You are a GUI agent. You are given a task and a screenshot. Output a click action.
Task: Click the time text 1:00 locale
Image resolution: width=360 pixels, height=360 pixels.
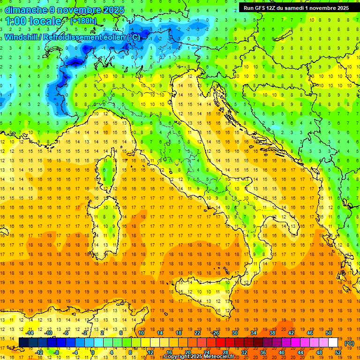pyautogui.click(x=33, y=21)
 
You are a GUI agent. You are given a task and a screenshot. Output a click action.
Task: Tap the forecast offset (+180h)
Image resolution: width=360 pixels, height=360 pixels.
pyautogui.click(x=83, y=21)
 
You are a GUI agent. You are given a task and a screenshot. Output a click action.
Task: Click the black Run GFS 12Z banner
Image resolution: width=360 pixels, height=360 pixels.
pyautogui.click(x=297, y=8)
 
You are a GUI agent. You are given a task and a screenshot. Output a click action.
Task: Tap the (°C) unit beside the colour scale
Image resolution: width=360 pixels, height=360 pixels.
pyautogui.click(x=349, y=343)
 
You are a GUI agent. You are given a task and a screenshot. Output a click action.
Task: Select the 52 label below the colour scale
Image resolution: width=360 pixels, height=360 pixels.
pyautogui.click(x=338, y=352)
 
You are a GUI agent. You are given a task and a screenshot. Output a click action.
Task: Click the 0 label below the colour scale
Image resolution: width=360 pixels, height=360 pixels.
pyautogui.click(x=92, y=352)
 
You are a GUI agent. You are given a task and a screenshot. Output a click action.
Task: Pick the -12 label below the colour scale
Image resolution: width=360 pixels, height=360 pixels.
pyautogui.click(x=39, y=352)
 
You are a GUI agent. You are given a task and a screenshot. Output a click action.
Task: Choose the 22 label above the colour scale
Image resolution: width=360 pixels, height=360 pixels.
pyautogui.click(x=198, y=333)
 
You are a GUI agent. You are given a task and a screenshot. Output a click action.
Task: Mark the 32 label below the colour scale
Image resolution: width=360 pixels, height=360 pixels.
pyautogui.click(x=244, y=352)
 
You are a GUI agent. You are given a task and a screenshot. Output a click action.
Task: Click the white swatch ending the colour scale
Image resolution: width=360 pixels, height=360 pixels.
pyautogui.click(x=333, y=343)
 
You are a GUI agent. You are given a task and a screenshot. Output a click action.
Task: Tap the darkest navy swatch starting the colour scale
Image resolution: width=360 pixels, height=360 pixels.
pyautogui.click(x=23, y=343)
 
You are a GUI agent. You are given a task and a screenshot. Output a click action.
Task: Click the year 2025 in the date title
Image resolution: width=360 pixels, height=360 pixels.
pyautogui.click(x=113, y=10)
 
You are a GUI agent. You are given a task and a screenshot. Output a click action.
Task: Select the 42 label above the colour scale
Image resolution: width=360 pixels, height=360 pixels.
pyautogui.click(x=291, y=333)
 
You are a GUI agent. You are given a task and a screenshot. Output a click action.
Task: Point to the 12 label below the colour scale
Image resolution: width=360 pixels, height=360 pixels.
pyautogui.click(x=150, y=352)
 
